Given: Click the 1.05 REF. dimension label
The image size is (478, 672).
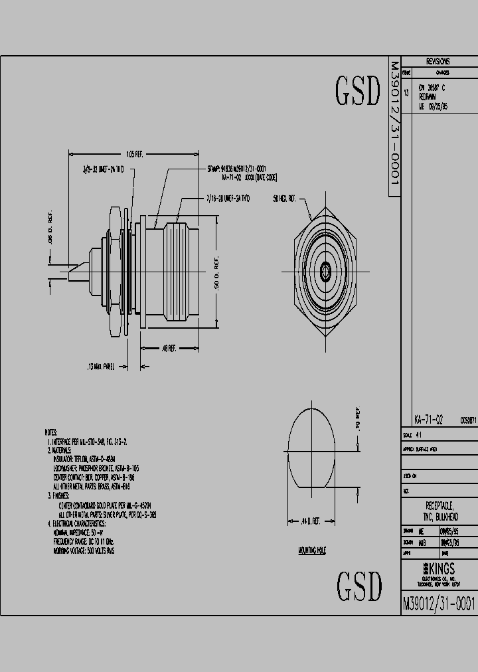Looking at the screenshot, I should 134,153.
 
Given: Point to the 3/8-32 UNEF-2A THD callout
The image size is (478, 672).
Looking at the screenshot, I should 103,169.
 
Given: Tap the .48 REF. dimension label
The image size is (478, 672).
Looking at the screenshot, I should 169,348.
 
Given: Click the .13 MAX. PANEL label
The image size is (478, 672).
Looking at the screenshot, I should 101,366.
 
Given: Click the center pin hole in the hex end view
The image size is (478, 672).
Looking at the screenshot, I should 325,271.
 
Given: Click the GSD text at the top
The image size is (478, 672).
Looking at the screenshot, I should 358,91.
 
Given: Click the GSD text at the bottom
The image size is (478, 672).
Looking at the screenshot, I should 359,585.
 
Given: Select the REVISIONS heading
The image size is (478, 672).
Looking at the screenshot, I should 438,60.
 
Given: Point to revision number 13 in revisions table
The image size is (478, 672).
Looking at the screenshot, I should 406,94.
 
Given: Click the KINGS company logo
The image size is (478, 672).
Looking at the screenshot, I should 438,568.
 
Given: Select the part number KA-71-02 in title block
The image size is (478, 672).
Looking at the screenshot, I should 428,420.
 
